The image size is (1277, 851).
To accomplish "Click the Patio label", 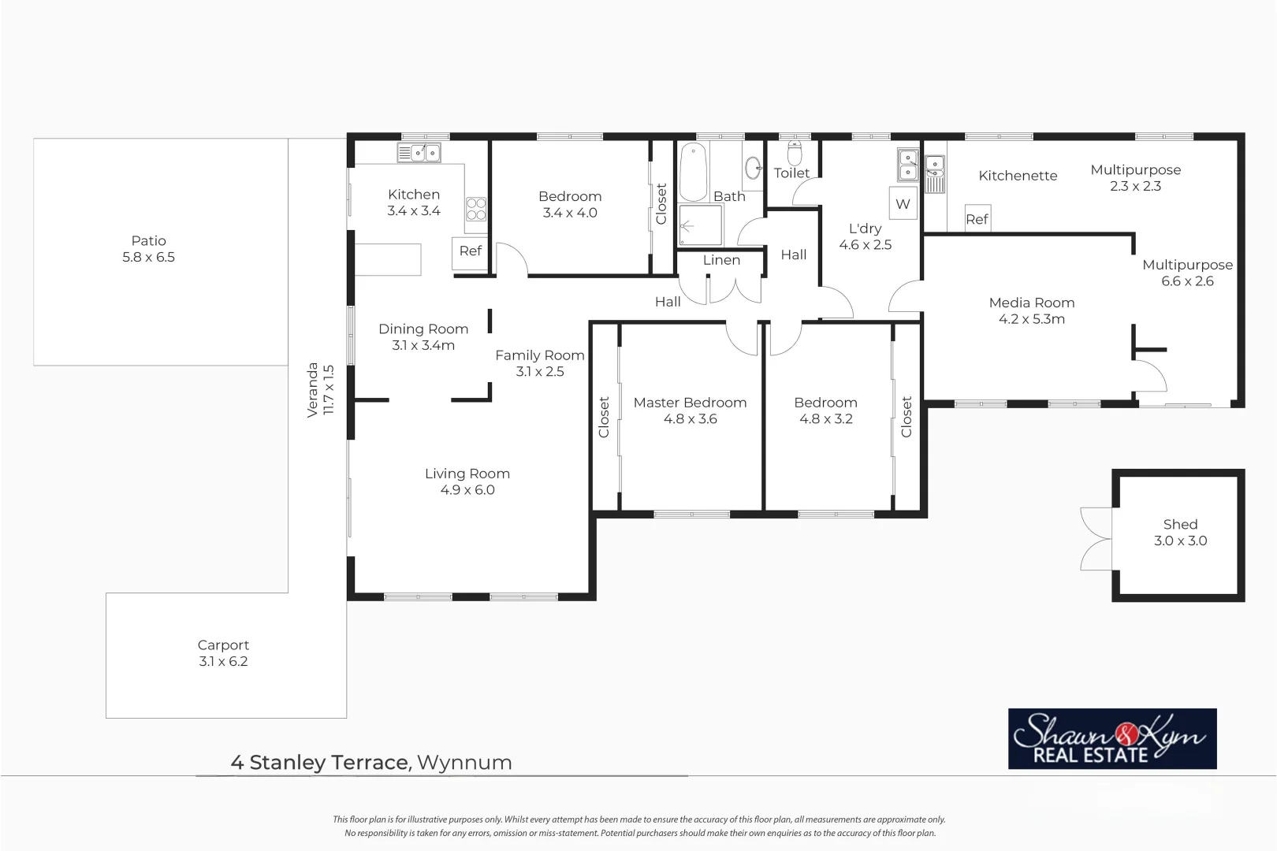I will point(148,240).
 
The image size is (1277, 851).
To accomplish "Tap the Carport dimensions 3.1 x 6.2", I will point(223,662).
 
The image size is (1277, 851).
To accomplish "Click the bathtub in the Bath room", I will point(693,172).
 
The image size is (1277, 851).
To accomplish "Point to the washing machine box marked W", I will point(903,203).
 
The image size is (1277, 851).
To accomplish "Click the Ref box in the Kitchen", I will point(470,251).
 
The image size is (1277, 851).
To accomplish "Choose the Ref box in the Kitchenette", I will point(977,219).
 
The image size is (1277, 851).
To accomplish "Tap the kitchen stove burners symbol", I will point(476,209).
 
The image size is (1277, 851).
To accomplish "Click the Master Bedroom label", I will point(690,403).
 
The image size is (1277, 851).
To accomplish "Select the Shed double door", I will point(1096,539).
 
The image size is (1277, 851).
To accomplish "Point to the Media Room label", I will point(1031,303).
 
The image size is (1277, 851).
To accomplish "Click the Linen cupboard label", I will point(721,260).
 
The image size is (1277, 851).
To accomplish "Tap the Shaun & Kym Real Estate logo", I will point(1111,738).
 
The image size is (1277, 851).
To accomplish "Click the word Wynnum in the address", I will point(464,763).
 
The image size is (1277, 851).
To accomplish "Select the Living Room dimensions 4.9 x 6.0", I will point(467,490).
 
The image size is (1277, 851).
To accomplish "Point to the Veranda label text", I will point(313,389).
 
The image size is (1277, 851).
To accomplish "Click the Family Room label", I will point(539,355).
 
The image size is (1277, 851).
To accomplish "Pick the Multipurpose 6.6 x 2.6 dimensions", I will point(1187,281).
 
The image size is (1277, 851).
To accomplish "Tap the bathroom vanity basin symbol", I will point(753,165).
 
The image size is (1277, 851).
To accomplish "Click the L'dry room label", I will point(865,229).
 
